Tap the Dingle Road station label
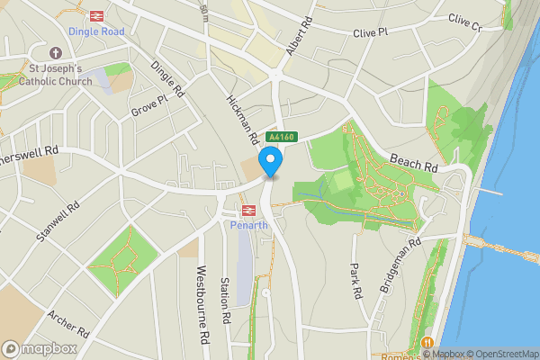coord(94,31)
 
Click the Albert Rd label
coord(298,37)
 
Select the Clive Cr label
coord(464,22)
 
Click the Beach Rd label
coord(414,162)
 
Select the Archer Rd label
coord(70,326)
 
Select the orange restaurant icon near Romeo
coord(427,343)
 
